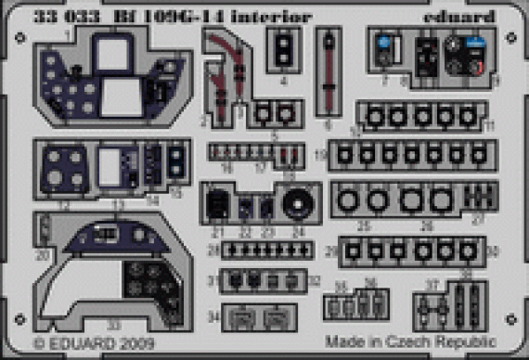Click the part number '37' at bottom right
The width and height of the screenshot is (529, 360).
(x=430, y=284)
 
